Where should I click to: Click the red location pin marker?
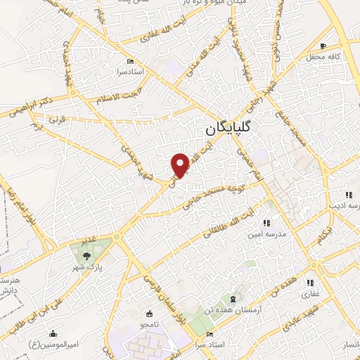pos(181,165)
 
